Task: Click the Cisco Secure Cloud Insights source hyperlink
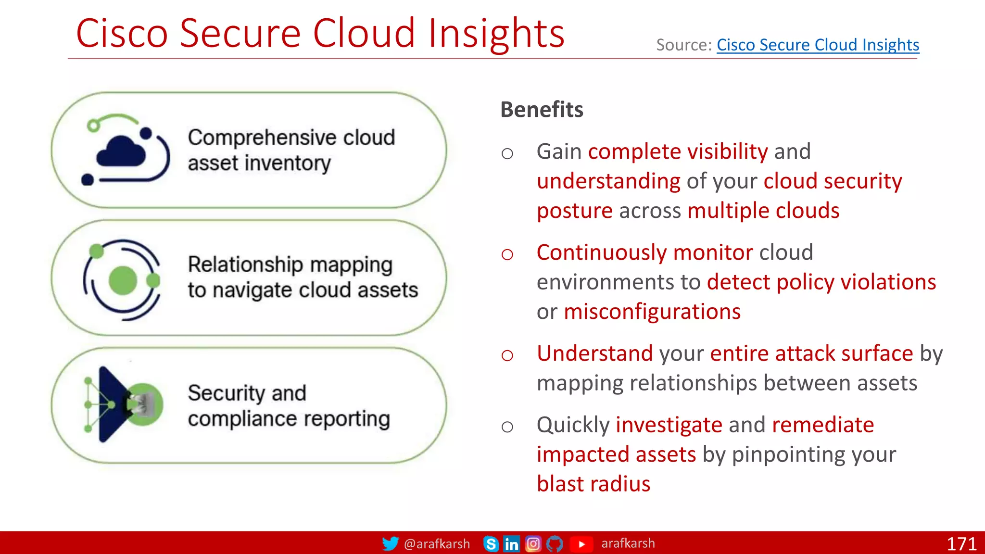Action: (818, 45)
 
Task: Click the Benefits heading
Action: (542, 110)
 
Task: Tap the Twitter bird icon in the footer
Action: (390, 543)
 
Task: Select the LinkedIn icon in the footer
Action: (511, 544)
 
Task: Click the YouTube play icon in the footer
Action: (581, 544)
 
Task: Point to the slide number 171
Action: (961, 544)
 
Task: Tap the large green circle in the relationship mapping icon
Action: (123, 280)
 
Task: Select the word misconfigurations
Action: (652, 312)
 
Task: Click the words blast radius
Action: (593, 484)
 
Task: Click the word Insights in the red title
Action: (496, 33)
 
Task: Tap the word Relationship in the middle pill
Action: (245, 264)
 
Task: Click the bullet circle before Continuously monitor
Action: (507, 254)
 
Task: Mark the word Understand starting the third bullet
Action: (594, 353)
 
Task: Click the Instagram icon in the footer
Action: (533, 544)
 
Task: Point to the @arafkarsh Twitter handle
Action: (437, 544)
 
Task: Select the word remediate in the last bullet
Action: (822, 425)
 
